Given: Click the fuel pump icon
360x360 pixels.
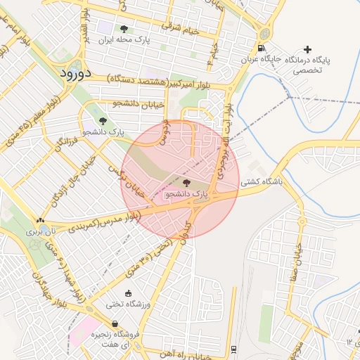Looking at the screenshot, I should tap(262, 49).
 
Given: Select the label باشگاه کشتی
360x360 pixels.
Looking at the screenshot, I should tap(262, 181).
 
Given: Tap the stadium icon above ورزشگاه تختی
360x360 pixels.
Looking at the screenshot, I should tap(127, 293).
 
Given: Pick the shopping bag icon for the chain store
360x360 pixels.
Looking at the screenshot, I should tap(115, 324).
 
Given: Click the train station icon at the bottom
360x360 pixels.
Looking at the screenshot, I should tap(233, 349).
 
